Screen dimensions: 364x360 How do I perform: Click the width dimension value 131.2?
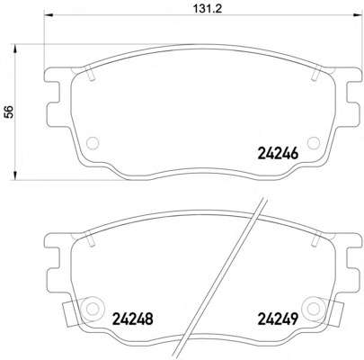click(x=207, y=8)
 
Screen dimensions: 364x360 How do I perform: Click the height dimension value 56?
click(x=10, y=112)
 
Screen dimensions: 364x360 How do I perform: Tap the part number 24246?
click(x=278, y=154)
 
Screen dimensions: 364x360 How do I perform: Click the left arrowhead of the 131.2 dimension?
click(x=49, y=15)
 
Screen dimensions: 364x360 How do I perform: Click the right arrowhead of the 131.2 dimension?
click(x=357, y=15)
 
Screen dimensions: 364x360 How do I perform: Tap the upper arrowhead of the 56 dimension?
click(x=14, y=49)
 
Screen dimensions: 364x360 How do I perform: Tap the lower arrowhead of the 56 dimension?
click(x=14, y=176)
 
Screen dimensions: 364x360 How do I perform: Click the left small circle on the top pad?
click(x=93, y=142)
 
